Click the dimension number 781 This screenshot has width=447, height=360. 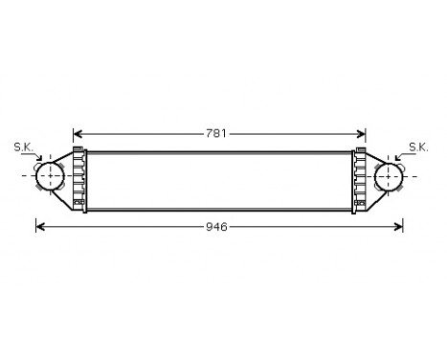(217, 133)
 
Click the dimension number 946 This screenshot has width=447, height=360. (217, 227)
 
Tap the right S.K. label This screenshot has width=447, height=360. (418, 146)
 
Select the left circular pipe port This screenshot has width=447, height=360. (49, 176)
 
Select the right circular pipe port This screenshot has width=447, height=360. (389, 176)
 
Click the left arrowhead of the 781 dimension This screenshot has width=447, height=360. (78, 133)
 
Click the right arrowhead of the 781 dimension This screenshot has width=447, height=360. (364, 133)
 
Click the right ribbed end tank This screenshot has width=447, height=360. (360, 177)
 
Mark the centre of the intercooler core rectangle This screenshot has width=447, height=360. (220, 178)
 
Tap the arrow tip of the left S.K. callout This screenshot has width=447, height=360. (41, 165)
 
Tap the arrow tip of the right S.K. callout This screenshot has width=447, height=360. (396, 165)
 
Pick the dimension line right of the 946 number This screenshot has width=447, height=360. (316, 227)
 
